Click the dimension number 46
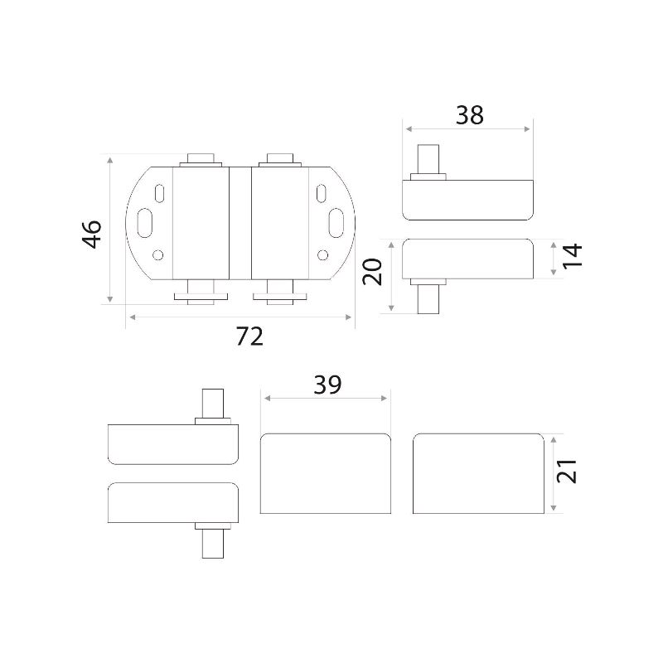pyautogui.click(x=92, y=235)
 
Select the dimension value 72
pyautogui.click(x=249, y=336)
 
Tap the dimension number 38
pyautogui.click(x=469, y=115)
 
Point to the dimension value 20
pyautogui.click(x=372, y=272)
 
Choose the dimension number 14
pyautogui.click(x=572, y=255)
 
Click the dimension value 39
pyautogui.click(x=327, y=385)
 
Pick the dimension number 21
pyautogui.click(x=567, y=471)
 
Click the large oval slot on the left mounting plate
pyautogui.click(x=145, y=223)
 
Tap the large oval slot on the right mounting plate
pyautogui.click(x=336, y=223)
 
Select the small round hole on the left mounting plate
pyautogui.click(x=158, y=255)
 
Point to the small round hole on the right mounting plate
pyautogui.click(x=322, y=255)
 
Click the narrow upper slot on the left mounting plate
pyautogui.click(x=160, y=193)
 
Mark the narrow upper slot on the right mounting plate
pyautogui.click(x=321, y=193)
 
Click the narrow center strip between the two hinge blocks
pyautogui.click(x=240, y=223)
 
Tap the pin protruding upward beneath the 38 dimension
pyautogui.click(x=428, y=159)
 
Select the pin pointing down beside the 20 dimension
pyautogui.click(x=428, y=299)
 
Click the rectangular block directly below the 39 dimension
pyautogui.click(x=326, y=473)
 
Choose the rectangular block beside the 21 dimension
pyautogui.click(x=478, y=473)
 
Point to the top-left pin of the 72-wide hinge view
pyautogui.click(x=201, y=158)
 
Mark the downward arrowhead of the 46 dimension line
pyautogui.click(x=110, y=299)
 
